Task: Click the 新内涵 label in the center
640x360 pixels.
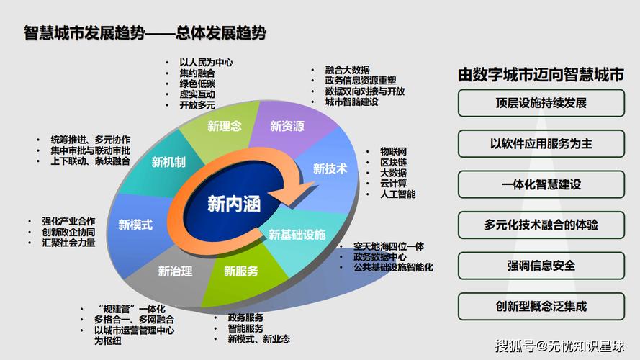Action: point(234,203)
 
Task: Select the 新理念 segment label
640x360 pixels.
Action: point(225,126)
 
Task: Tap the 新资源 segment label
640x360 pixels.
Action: point(287,126)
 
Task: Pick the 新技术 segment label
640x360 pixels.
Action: point(330,168)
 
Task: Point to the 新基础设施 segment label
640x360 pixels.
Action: point(297,235)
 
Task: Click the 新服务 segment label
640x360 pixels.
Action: point(241,271)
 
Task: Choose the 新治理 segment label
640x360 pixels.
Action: point(175,271)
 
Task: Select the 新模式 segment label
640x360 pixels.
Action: point(135,225)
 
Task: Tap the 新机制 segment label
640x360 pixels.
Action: point(168,162)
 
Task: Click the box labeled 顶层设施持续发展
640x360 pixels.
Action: point(541,103)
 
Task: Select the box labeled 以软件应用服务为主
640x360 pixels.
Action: point(541,144)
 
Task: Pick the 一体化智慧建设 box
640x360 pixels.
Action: point(541,184)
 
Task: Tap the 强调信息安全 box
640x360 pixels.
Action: point(541,266)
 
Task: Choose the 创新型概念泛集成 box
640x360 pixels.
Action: point(541,306)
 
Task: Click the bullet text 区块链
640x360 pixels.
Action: point(394,163)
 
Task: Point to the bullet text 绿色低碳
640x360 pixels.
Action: point(197,84)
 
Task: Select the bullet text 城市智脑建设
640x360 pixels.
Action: point(351,102)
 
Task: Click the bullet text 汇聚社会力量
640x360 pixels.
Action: point(68,243)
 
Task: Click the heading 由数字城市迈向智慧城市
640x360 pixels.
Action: point(541,75)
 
